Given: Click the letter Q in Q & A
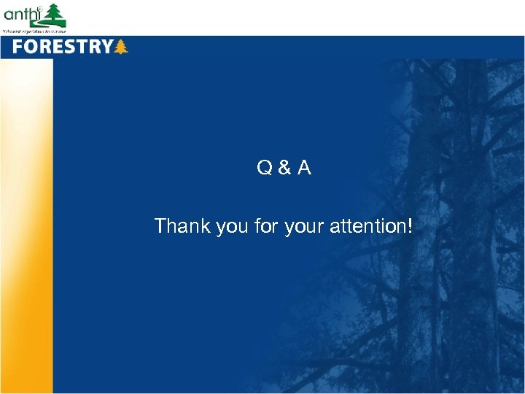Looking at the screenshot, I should tap(264, 169).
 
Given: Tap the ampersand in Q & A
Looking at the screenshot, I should tap(284, 169).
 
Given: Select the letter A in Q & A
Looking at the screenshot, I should tap(304, 169).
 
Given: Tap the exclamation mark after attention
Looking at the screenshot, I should tap(409, 226).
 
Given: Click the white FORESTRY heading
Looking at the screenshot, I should tap(62, 47).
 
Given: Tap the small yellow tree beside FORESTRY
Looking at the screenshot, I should tap(121, 47).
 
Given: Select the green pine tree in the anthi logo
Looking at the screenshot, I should tap(54, 15).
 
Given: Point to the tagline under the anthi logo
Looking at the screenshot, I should tap(34, 31).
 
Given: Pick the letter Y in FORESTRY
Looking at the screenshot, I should tap(106, 47).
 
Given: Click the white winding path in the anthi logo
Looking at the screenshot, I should tap(52, 23).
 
